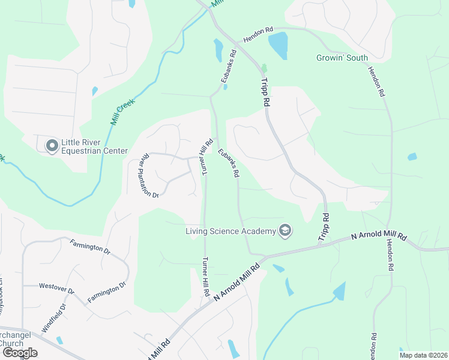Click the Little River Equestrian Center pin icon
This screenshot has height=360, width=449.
point(52,146)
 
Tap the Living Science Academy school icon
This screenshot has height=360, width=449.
point(285,231)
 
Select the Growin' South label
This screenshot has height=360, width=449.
point(342,58)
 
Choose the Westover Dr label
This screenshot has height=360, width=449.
point(56,289)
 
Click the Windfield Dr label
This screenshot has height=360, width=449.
point(54,319)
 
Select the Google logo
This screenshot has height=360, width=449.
point(19,353)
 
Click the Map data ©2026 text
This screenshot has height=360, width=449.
point(423,355)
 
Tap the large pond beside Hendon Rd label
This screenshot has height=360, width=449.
point(278,43)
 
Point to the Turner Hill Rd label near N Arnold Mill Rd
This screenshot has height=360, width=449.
point(205,277)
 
